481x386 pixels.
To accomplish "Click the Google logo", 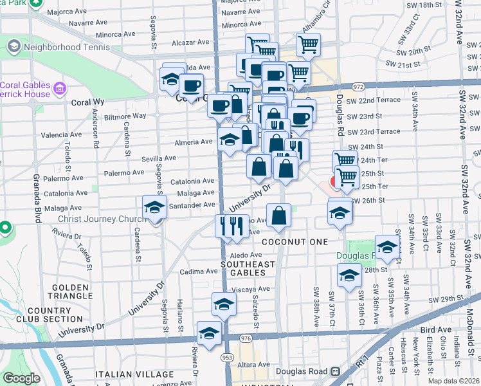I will (21, 378).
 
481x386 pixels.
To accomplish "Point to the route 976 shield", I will (245, 338).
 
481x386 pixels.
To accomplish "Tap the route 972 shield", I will (358, 86).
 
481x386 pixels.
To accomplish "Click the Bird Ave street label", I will (434, 329).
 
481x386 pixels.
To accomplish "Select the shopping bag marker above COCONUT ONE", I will (280, 216).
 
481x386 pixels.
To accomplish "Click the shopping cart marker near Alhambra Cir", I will (308, 45).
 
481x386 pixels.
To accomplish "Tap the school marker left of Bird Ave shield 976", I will (209, 333).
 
